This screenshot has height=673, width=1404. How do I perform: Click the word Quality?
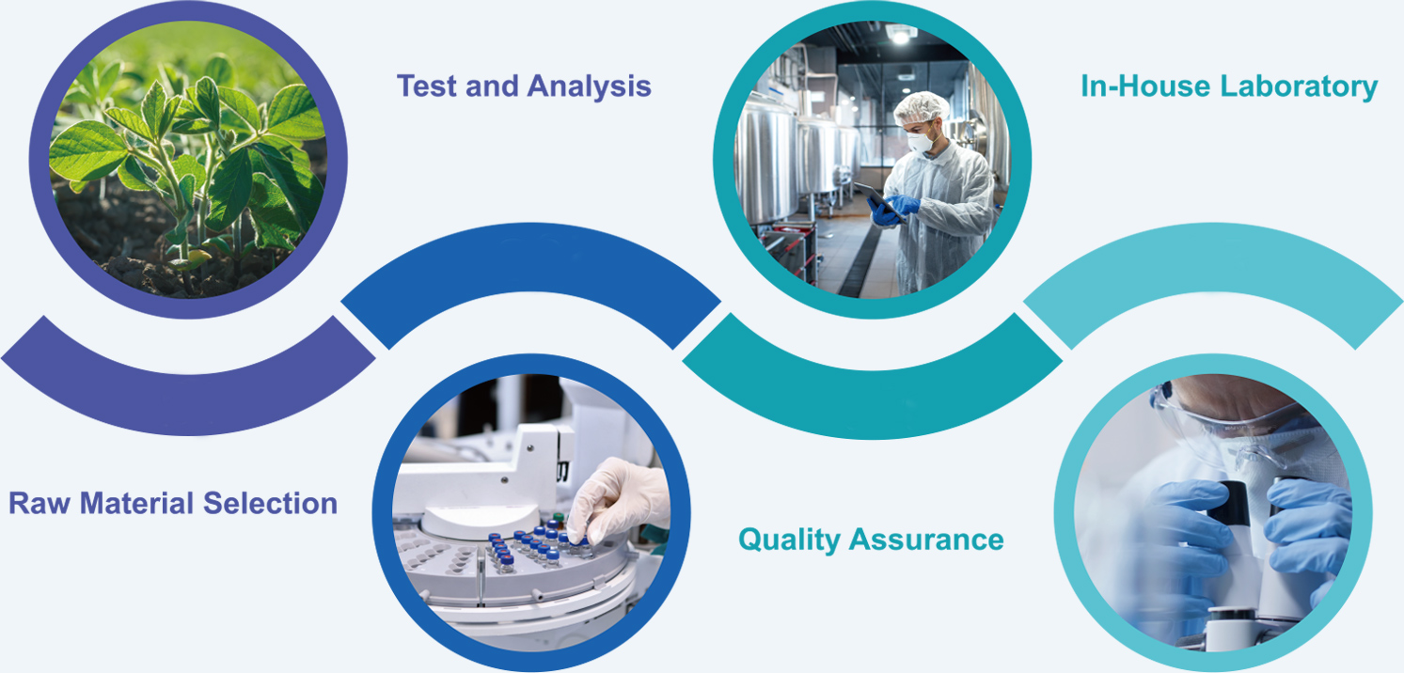[x=788, y=540]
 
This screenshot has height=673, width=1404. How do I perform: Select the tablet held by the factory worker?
[x=880, y=201]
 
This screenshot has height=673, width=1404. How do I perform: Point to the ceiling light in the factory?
[x=901, y=34]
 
